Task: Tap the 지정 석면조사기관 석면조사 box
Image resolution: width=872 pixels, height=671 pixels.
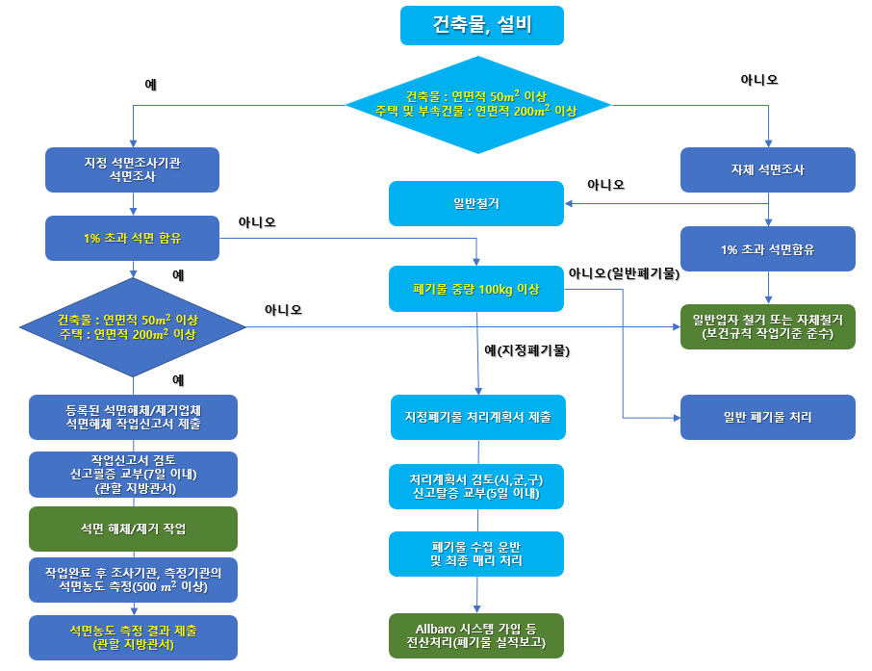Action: pyautogui.click(x=132, y=169)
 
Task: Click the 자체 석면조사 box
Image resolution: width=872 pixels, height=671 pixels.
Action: pyautogui.click(x=767, y=169)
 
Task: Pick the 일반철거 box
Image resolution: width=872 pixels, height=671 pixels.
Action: pyautogui.click(x=475, y=203)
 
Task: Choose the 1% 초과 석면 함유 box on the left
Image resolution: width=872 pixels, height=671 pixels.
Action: pyautogui.click(x=132, y=238)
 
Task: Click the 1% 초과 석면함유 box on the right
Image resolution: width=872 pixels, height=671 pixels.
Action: pyautogui.click(x=767, y=248)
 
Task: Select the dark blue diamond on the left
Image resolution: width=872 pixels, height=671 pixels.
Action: pyautogui.click(x=133, y=327)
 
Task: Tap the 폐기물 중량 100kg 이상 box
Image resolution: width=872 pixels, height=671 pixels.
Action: pyautogui.click(x=475, y=289)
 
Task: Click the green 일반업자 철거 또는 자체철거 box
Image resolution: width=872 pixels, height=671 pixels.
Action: pyautogui.click(x=767, y=326)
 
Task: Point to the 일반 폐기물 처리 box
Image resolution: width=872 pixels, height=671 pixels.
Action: pyautogui.click(x=767, y=417)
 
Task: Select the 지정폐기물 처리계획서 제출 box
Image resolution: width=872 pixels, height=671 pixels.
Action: pyautogui.click(x=476, y=418)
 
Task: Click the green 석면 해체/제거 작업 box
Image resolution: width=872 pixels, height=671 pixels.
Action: pyautogui.click(x=133, y=529)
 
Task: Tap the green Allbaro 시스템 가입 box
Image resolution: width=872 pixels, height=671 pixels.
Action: pyautogui.click(x=476, y=636)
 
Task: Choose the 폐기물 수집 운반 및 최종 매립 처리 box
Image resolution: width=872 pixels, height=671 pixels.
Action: pyautogui.click(x=476, y=554)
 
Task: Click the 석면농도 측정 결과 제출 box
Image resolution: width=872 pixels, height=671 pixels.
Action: pyautogui.click(x=133, y=637)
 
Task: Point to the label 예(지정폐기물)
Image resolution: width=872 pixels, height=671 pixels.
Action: pyautogui.click(x=526, y=352)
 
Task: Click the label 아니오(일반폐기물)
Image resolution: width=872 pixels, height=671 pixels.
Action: pyautogui.click(x=624, y=273)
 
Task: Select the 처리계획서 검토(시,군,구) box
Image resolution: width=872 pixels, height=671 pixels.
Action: pyautogui.click(x=476, y=486)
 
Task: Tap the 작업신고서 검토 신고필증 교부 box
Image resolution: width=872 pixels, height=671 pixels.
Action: pyautogui.click(x=133, y=473)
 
